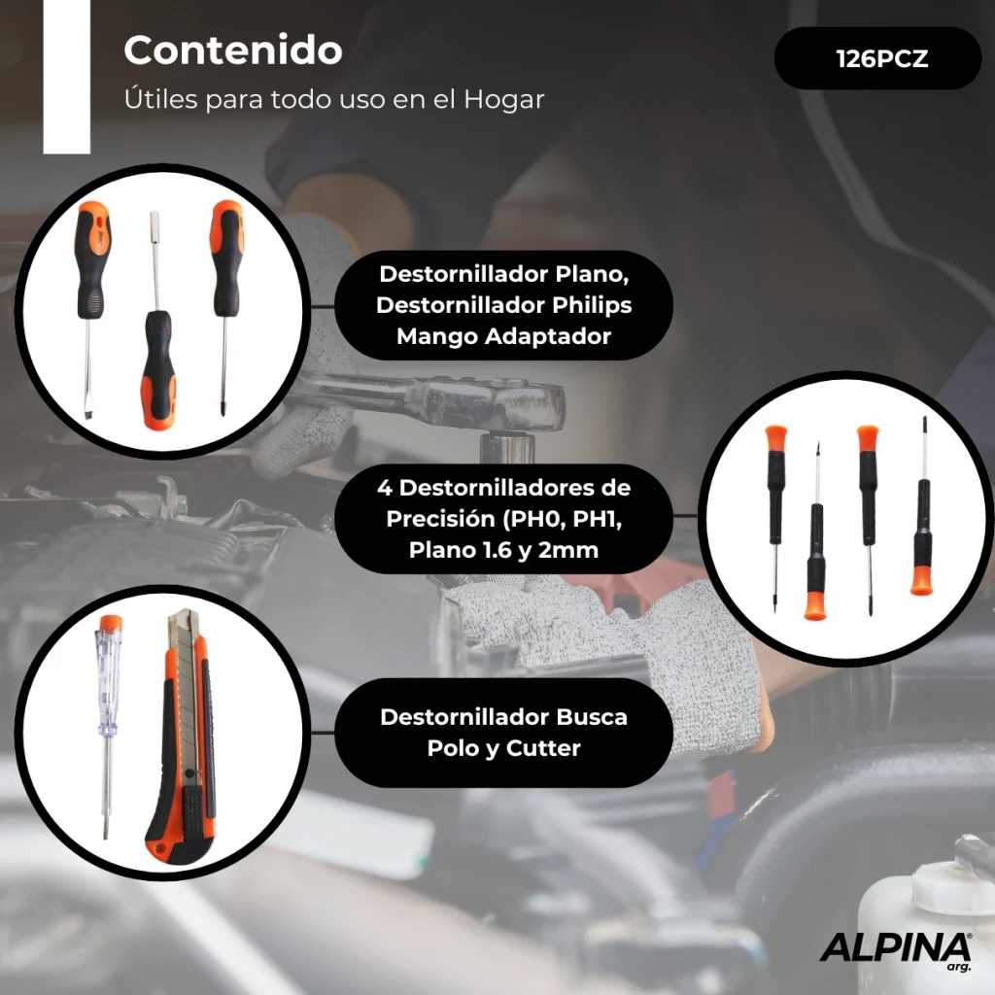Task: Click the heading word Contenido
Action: (x=233, y=51)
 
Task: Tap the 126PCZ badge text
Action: (x=882, y=59)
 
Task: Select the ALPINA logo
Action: (x=895, y=949)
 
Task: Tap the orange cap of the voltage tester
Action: (x=111, y=622)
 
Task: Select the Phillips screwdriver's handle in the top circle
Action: (x=227, y=257)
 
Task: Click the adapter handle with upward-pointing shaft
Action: (x=157, y=369)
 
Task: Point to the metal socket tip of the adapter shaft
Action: (x=154, y=223)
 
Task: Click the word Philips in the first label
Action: (x=592, y=305)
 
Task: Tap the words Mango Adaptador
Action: (x=503, y=335)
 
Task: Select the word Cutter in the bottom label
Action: (x=543, y=747)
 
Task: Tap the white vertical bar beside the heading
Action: (x=67, y=77)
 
